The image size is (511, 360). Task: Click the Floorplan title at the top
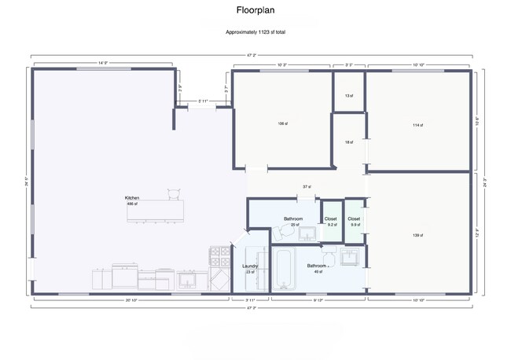pyautogui.click(x=256, y=11)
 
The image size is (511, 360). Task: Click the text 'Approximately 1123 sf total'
pyautogui.click(x=256, y=32)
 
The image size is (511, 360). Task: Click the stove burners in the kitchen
pyautogui.click(x=219, y=255)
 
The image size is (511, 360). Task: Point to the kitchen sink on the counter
pyautogui.click(x=188, y=278)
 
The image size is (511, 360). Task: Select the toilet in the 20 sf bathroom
pyautogui.click(x=279, y=233)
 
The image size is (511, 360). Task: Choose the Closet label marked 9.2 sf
pyautogui.click(x=331, y=222)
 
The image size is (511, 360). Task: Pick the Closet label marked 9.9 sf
pyautogui.click(x=354, y=222)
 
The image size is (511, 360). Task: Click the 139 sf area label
pyautogui.click(x=418, y=234)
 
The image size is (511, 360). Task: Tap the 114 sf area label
pyautogui.click(x=418, y=124)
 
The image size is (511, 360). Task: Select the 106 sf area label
pyautogui.click(x=282, y=123)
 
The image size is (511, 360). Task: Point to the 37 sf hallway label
pyautogui.click(x=307, y=186)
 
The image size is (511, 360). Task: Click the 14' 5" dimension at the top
pyautogui.click(x=103, y=62)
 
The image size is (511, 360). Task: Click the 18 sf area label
pyautogui.click(x=348, y=142)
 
